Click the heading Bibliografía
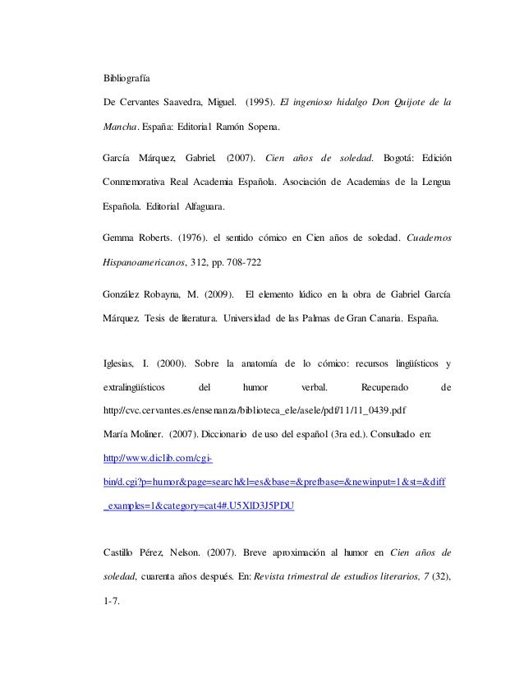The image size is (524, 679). (x=126, y=78)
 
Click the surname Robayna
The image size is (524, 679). (x=174, y=294)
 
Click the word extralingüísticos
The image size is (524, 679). (x=134, y=386)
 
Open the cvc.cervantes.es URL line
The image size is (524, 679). (x=255, y=410)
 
